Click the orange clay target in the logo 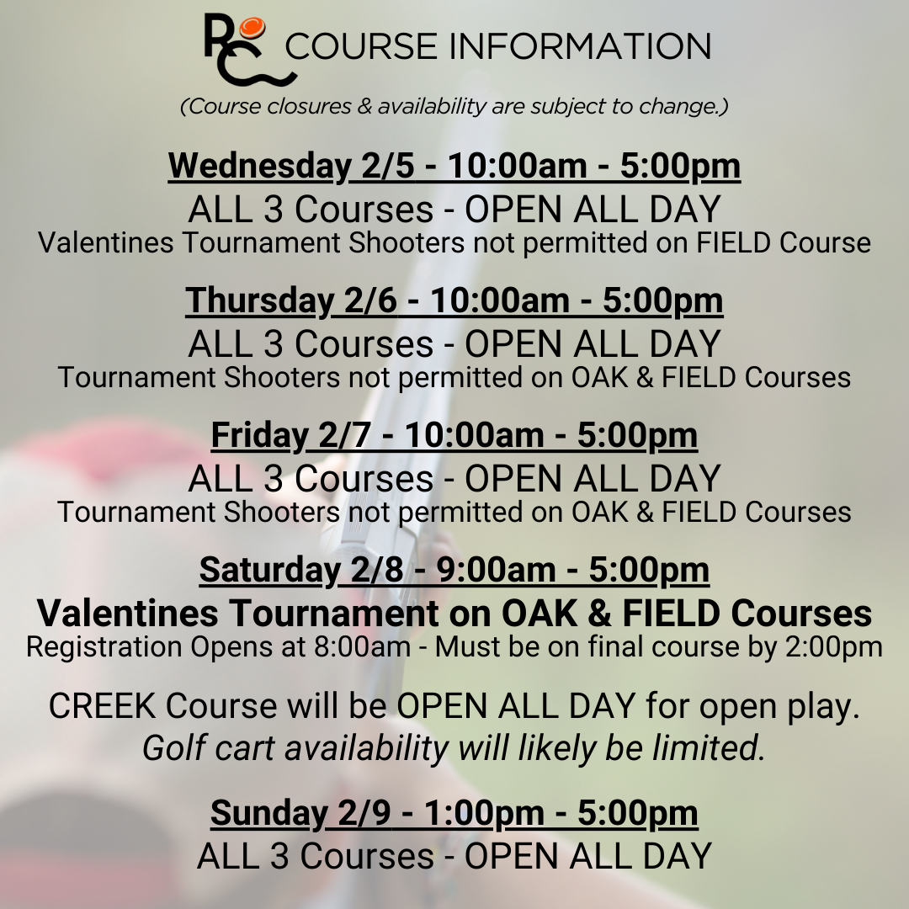[252, 27]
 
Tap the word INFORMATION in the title [580, 46]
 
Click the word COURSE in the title [360, 46]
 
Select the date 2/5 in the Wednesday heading [388, 166]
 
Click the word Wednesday [260, 167]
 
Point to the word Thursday [260, 301]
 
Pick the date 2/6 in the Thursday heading [370, 300]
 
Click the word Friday [260, 436]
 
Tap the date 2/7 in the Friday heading [344, 435]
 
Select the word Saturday [269, 571]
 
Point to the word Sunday [269, 813]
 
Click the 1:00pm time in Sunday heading [484, 813]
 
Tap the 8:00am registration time [362, 647]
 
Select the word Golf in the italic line [173, 748]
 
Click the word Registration [104, 648]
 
